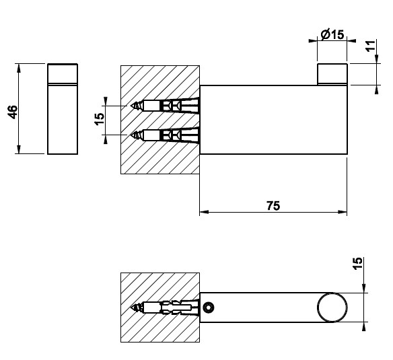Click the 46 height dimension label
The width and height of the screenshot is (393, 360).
tap(13, 112)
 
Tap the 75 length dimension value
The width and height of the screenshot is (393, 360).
tap(273, 206)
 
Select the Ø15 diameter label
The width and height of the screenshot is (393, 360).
tap(332, 34)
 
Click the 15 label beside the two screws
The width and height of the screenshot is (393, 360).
tap(100, 118)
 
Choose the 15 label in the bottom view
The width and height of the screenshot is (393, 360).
tap(357, 263)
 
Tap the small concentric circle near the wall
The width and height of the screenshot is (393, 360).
tap(209, 307)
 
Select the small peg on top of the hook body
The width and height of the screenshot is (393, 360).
tap(332, 74)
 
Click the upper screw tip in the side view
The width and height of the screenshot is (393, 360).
tap(131, 106)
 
